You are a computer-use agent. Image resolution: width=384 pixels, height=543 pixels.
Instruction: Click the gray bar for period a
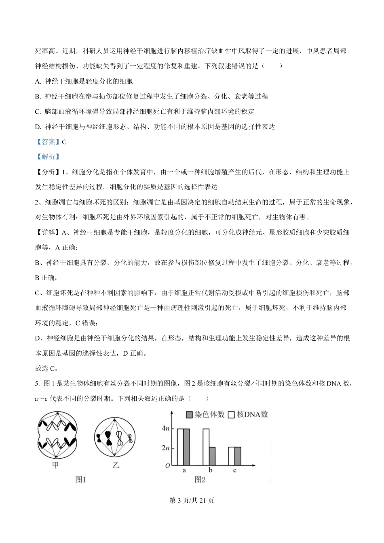point(186,447)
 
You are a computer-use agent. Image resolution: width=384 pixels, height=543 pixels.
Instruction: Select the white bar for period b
point(206,447)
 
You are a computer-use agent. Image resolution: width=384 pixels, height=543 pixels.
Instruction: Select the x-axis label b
point(210,470)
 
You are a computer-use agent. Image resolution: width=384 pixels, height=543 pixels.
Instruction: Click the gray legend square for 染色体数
point(189,415)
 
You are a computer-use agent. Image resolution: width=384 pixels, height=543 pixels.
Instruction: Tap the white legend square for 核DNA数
point(232,415)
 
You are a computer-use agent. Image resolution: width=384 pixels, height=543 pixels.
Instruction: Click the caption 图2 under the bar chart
point(200,480)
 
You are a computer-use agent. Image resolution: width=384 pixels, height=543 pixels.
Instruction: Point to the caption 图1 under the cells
point(81,480)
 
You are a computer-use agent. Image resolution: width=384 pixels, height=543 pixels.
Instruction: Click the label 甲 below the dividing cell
point(56,465)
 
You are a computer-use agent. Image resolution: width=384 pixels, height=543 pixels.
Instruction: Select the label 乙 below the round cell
point(116,465)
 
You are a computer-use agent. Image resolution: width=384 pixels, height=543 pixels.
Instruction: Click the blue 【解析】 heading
point(48,157)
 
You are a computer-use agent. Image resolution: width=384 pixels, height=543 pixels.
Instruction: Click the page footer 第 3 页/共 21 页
point(192,501)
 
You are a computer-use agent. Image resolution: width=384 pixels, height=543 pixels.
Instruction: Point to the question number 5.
point(37,384)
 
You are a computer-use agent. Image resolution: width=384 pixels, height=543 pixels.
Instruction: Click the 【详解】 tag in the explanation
point(48,232)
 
